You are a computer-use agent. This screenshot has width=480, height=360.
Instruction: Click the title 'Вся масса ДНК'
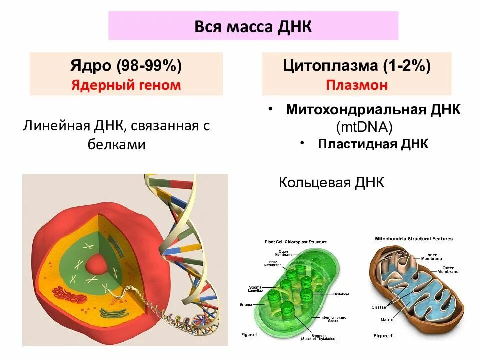tap(253, 26)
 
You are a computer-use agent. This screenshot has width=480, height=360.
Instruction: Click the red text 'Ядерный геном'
tap(126, 85)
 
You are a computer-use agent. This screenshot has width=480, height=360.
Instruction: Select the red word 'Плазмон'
tap(357, 85)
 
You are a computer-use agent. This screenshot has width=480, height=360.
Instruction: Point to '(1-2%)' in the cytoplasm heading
tap(407, 65)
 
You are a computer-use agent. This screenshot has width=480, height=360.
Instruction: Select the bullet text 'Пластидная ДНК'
tap(373, 144)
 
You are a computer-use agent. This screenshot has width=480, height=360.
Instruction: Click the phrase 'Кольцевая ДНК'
tap(332, 182)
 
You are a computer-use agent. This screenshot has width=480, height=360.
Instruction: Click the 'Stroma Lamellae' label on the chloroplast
tap(255, 289)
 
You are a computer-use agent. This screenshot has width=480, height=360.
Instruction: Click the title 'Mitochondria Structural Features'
tap(414, 239)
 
